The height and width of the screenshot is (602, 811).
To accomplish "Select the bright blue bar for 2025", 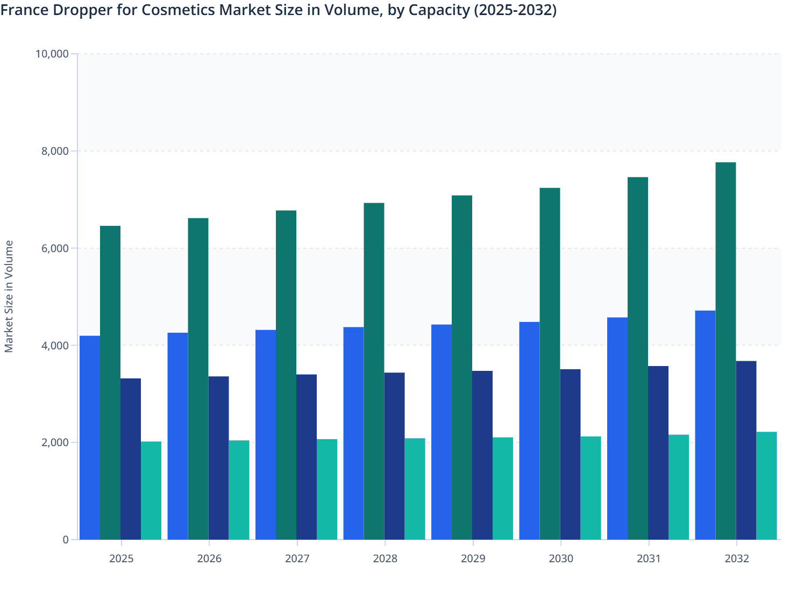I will coord(90,438).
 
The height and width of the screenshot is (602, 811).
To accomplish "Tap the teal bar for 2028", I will coord(415,489).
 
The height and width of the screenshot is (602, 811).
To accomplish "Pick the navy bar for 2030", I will coord(570,454).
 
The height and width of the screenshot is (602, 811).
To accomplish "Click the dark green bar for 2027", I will coord(286,375).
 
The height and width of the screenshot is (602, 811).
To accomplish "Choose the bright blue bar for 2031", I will coord(617,428).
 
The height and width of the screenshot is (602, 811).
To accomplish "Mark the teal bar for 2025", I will coord(151,490).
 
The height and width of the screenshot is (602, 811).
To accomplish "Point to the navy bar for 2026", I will coord(218,458).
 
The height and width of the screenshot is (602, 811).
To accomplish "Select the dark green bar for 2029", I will coord(462,367).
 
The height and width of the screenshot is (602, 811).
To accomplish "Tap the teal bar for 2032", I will coord(766,485).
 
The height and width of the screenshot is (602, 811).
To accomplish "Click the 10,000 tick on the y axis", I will coord(52,54).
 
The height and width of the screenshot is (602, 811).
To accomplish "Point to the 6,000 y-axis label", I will coord(55,248).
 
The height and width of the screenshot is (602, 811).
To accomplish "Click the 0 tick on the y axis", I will coord(66,540).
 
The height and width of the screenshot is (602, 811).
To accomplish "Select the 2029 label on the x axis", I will coord(473,558).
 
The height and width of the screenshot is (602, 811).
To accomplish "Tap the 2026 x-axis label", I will coord(209,558).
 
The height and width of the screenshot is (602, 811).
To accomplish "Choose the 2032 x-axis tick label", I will coord(737,558).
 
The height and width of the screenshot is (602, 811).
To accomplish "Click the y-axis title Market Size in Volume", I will coord(9,296).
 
